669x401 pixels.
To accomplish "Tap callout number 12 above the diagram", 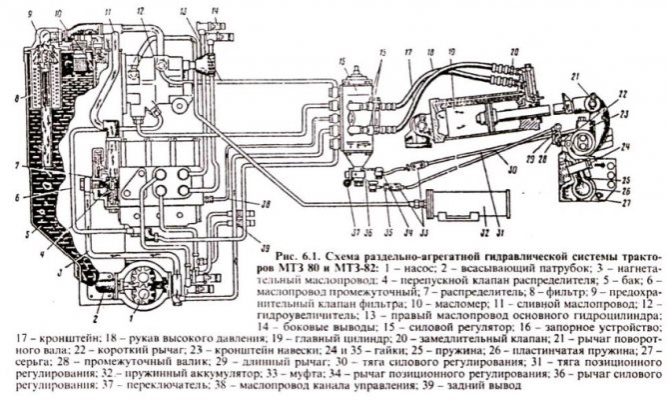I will click(x=143, y=9).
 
